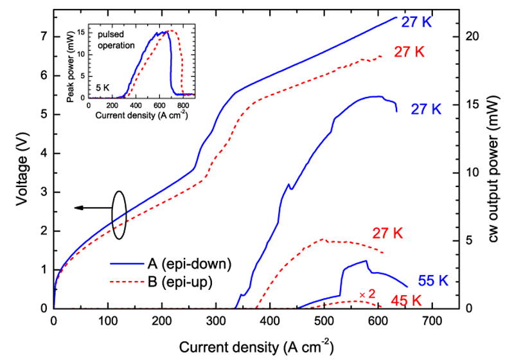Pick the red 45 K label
click(x=405, y=300)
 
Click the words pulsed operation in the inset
click(x=116, y=41)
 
